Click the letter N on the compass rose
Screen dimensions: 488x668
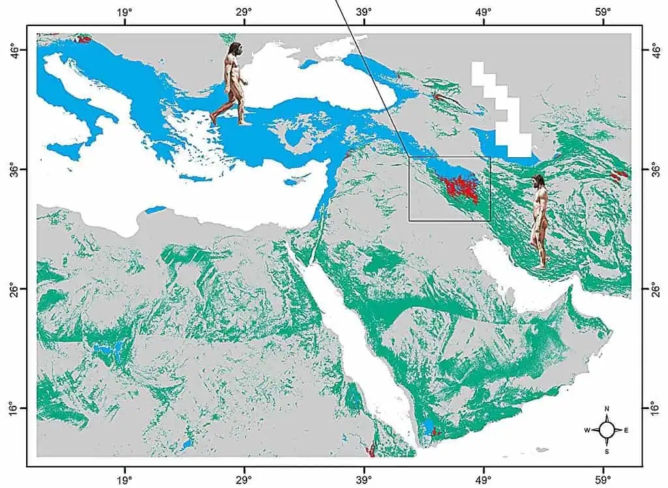click(x=607, y=409)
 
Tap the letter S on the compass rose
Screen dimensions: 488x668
click(x=607, y=451)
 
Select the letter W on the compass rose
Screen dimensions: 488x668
click(x=586, y=430)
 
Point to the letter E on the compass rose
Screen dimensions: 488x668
click(x=627, y=430)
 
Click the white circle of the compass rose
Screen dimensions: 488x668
click(x=607, y=430)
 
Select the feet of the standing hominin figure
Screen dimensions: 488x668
click(x=541, y=265)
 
